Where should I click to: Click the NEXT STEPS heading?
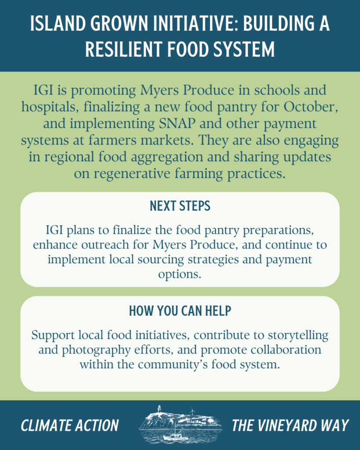(x=180, y=206)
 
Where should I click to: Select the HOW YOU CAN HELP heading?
(x=180, y=311)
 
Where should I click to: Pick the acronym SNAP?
(x=177, y=123)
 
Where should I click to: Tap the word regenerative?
(x=132, y=174)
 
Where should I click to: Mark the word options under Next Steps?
(x=180, y=275)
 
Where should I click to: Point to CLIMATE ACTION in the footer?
(x=70, y=425)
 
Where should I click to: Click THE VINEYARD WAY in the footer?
(x=290, y=425)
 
